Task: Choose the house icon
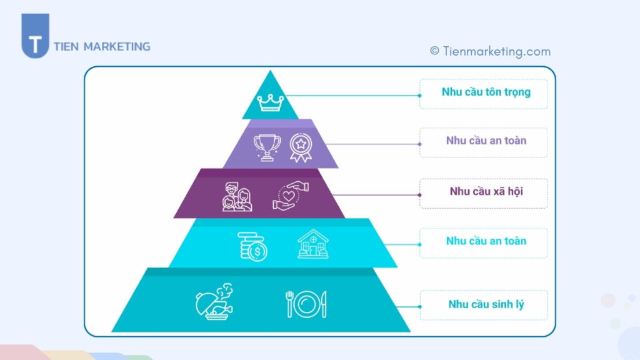click(x=313, y=244)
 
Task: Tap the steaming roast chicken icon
click(x=214, y=303)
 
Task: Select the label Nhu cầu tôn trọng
click(x=486, y=92)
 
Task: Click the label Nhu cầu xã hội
click(x=486, y=191)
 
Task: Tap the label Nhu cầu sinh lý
click(x=486, y=304)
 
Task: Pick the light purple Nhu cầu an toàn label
click(x=486, y=141)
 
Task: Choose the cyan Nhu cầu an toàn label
click(x=486, y=241)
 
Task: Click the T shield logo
click(x=35, y=36)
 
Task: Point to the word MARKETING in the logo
click(x=117, y=46)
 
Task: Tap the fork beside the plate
click(x=289, y=304)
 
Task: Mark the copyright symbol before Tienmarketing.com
click(x=434, y=51)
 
